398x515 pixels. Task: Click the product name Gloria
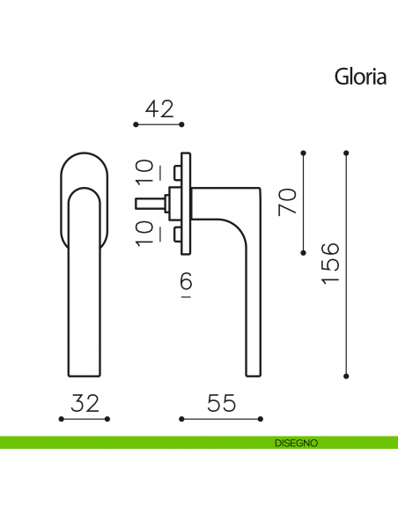(360, 76)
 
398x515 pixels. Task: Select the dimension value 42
(158, 109)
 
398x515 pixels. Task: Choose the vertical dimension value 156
(330, 263)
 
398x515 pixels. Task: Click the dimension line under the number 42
(158, 125)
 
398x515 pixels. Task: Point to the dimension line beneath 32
(85, 419)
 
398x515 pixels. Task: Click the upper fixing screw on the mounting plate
(178, 170)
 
